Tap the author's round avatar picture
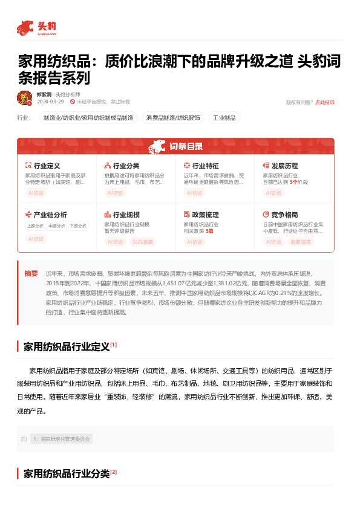24,98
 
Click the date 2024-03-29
51,102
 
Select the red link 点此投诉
324,102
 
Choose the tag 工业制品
224,117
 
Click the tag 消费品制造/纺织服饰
172,117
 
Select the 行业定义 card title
47,166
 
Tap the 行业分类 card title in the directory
126,166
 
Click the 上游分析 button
35,226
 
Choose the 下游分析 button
77,226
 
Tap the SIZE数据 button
143,242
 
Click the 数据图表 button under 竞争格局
302,242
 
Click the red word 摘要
31,273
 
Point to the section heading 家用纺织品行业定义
67,347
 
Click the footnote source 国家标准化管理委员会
62,439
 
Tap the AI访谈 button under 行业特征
194,193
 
